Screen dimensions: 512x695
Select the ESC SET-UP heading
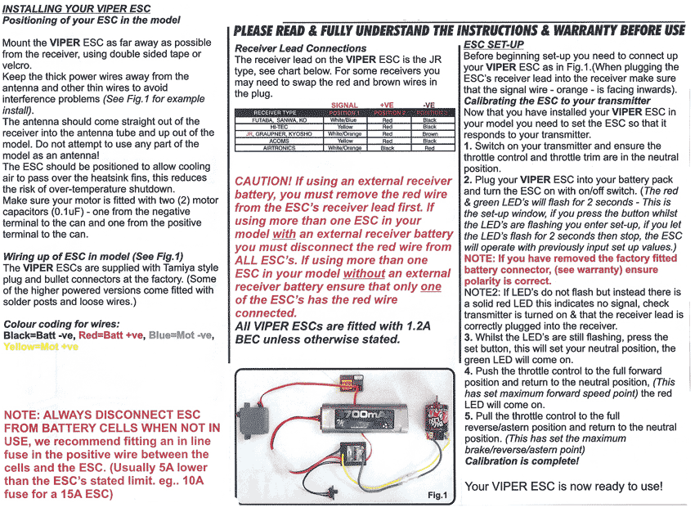pos(493,44)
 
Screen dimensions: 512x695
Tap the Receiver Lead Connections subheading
pos(300,48)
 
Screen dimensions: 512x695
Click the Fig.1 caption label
pos(437,496)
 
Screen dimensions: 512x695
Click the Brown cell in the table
pos(429,133)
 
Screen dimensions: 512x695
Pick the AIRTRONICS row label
pos(275,148)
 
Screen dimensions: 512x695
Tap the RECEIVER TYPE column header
pos(275,112)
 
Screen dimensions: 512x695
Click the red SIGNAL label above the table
pos(344,105)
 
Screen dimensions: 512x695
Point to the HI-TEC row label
pos(275,127)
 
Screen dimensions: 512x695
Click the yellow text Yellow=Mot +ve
pos(41,346)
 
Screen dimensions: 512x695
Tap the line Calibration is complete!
pos(521,461)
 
